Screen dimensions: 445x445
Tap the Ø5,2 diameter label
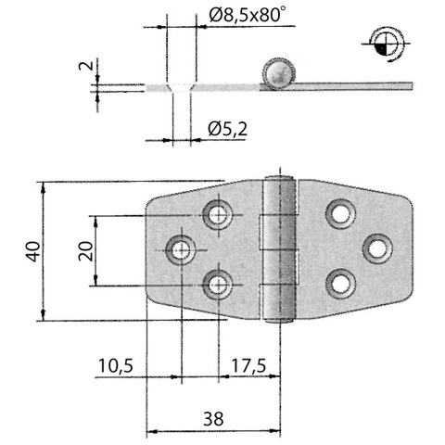tap(228, 129)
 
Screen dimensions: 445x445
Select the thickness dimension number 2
tap(86, 66)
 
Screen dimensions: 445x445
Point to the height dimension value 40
tap(33, 251)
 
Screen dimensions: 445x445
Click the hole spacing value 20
tap(85, 251)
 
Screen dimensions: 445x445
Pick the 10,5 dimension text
tap(116, 365)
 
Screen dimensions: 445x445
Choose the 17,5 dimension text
tap(248, 365)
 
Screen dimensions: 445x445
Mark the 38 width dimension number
tap(213, 419)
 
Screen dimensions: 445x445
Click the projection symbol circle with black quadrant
tap(386, 44)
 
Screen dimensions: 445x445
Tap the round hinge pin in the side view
tap(278, 73)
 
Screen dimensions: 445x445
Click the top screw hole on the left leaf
tap(218, 214)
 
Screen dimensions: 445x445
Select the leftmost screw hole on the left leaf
tap(181, 249)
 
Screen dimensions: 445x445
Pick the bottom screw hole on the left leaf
tap(218, 285)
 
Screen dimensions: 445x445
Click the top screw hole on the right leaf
tap(340, 214)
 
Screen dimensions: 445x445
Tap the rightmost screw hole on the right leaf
tap(377, 248)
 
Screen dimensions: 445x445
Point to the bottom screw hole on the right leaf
tap(340, 284)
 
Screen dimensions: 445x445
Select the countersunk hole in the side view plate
tap(182, 87)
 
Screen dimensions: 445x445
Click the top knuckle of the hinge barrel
tap(280, 196)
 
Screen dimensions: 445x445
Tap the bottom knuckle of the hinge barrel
tap(279, 304)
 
